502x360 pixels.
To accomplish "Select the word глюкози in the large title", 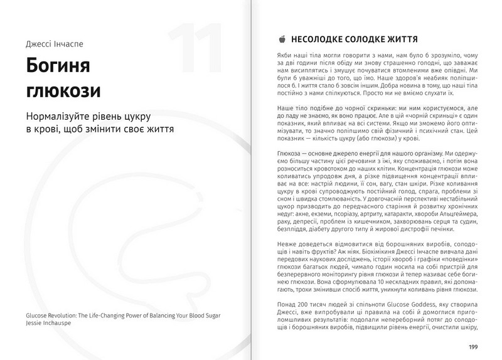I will coord(61,91).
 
